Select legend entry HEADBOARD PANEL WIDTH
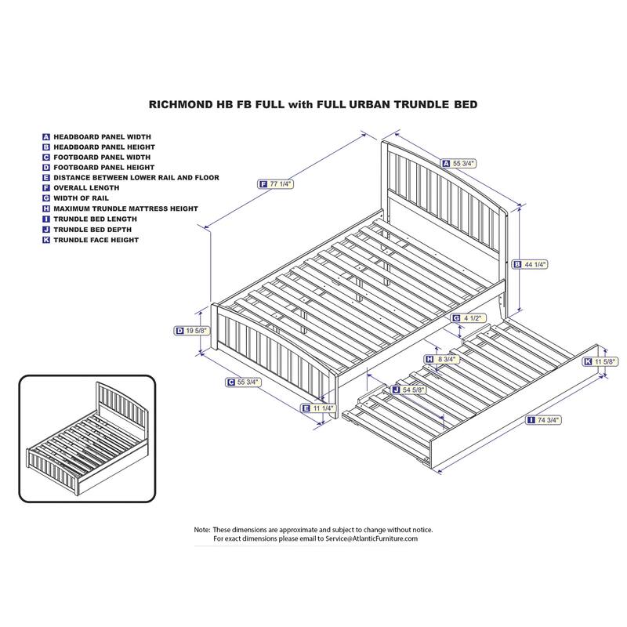click(103, 136)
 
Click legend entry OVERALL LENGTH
click(86, 187)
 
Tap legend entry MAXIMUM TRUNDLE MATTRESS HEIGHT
click(125, 208)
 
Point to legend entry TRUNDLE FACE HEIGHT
click(96, 240)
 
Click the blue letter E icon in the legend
click(46, 178)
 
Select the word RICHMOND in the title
click(181, 104)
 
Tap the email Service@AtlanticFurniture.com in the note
click(371, 538)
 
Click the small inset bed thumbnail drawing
click(87, 439)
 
